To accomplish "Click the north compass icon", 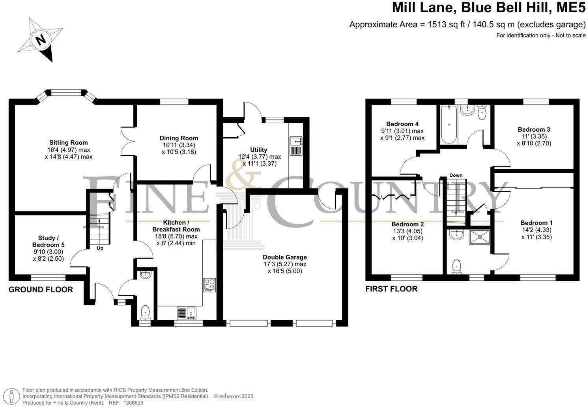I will click(41, 39).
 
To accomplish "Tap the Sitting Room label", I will click(68, 143).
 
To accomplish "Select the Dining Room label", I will click(179, 138).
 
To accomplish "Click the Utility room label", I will click(258, 150).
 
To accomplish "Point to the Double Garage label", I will click(284, 257).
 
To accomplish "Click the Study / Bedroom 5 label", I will click(48, 241).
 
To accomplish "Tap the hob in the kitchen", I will click(209, 285).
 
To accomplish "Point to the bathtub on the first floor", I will click(449, 125).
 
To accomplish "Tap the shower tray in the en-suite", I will click(479, 237).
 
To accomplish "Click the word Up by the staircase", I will click(100, 248).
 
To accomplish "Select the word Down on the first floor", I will click(456, 175).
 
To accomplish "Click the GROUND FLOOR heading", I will click(41, 289).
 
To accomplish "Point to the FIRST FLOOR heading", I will click(391, 289).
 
